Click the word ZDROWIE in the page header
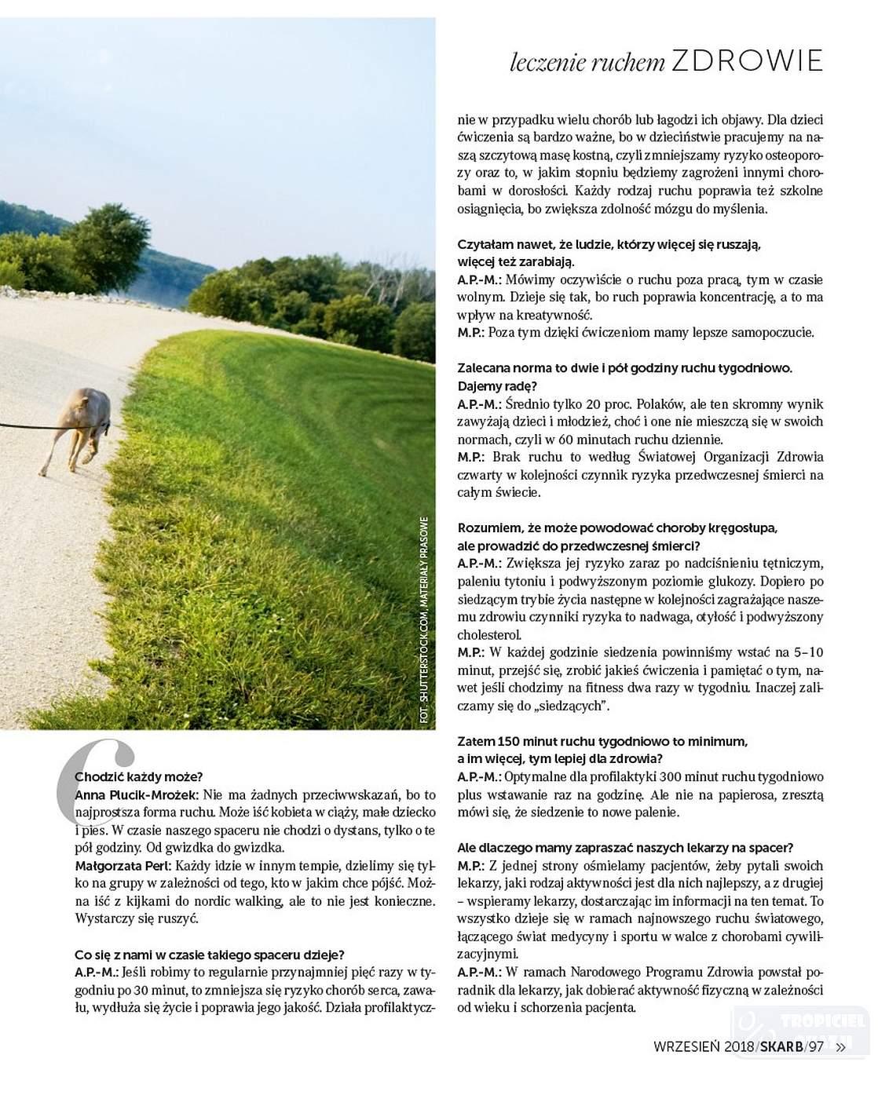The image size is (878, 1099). [747, 60]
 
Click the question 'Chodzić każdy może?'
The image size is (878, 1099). [139, 777]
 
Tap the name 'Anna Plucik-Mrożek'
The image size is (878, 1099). [136, 794]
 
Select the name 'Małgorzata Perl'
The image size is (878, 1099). [123, 866]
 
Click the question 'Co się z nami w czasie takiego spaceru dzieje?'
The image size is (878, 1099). [210, 955]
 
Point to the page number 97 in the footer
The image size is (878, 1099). [817, 1046]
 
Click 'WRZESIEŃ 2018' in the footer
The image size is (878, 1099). [704, 1046]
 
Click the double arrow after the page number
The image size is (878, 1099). [841, 1046]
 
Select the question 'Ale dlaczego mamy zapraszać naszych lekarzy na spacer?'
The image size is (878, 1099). [625, 848]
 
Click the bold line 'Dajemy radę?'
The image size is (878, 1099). [497, 386]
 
